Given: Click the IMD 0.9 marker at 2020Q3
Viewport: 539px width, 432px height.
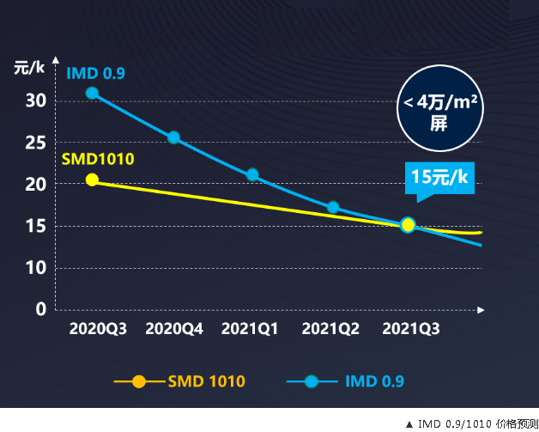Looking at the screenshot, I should pos(92,93).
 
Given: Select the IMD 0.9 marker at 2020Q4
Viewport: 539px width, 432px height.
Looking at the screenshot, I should pos(173,137).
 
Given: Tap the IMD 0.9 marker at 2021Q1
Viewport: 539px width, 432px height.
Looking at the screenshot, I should pos(252,174).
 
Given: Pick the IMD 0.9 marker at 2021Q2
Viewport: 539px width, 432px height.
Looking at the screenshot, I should pos(333,207).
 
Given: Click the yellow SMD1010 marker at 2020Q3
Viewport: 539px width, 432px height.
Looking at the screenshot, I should pos(92,179).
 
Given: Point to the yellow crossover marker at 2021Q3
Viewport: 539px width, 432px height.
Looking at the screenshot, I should pos(408,225).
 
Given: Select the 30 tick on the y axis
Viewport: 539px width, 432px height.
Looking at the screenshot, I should pos(35,100).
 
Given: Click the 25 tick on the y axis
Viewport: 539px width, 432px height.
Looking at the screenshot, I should pos(35,143).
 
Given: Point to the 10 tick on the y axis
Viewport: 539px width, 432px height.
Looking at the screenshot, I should pos(35,268).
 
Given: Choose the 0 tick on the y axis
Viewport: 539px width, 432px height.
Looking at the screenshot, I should pos(40,309).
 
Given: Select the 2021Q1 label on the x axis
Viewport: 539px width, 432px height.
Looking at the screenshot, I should pos(250,329).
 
